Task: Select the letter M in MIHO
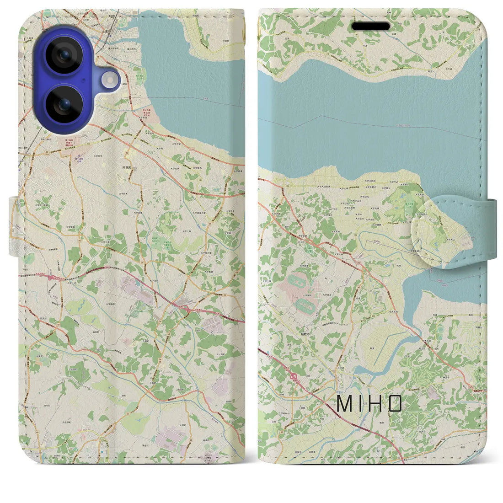point(342,403)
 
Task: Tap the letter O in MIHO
point(396,403)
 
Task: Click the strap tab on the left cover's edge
point(14,226)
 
